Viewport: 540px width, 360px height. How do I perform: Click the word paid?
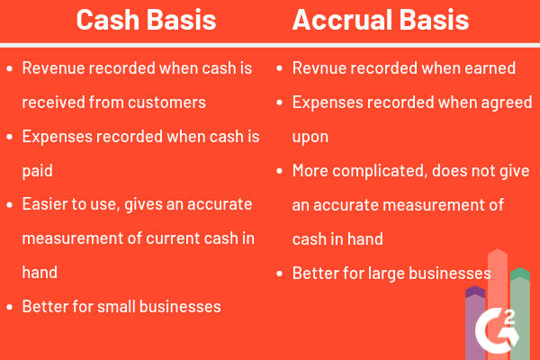pyautogui.click(x=37, y=170)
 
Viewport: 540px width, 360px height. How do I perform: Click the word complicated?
pyautogui.click(x=382, y=170)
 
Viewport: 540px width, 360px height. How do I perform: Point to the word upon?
pyautogui.click(x=310, y=136)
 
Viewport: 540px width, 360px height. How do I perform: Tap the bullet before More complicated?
pyautogui.click(x=279, y=170)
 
